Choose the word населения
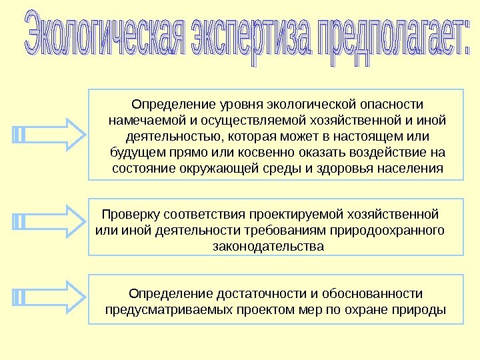409,168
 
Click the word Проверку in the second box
129,215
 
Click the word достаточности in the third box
263,294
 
